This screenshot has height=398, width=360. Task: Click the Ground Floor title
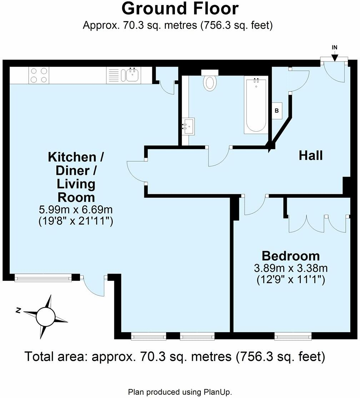pyautogui.click(x=180, y=9)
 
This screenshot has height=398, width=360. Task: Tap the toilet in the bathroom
pyautogui.click(x=210, y=81)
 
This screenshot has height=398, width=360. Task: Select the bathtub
pyautogui.click(x=256, y=106)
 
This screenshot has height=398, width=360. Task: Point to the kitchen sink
pyautogui.click(x=132, y=75)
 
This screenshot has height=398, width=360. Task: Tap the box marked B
pyautogui.click(x=276, y=111)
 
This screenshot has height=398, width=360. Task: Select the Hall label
pyautogui.click(x=310, y=156)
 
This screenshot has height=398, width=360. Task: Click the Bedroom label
pyautogui.click(x=290, y=256)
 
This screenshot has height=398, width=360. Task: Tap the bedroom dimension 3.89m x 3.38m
pyautogui.click(x=290, y=268)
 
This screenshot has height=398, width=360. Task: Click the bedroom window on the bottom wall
pyautogui.click(x=293, y=336)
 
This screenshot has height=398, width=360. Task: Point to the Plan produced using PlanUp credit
pyautogui.click(x=180, y=392)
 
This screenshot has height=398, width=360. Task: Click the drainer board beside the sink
pyautogui.click(x=114, y=75)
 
